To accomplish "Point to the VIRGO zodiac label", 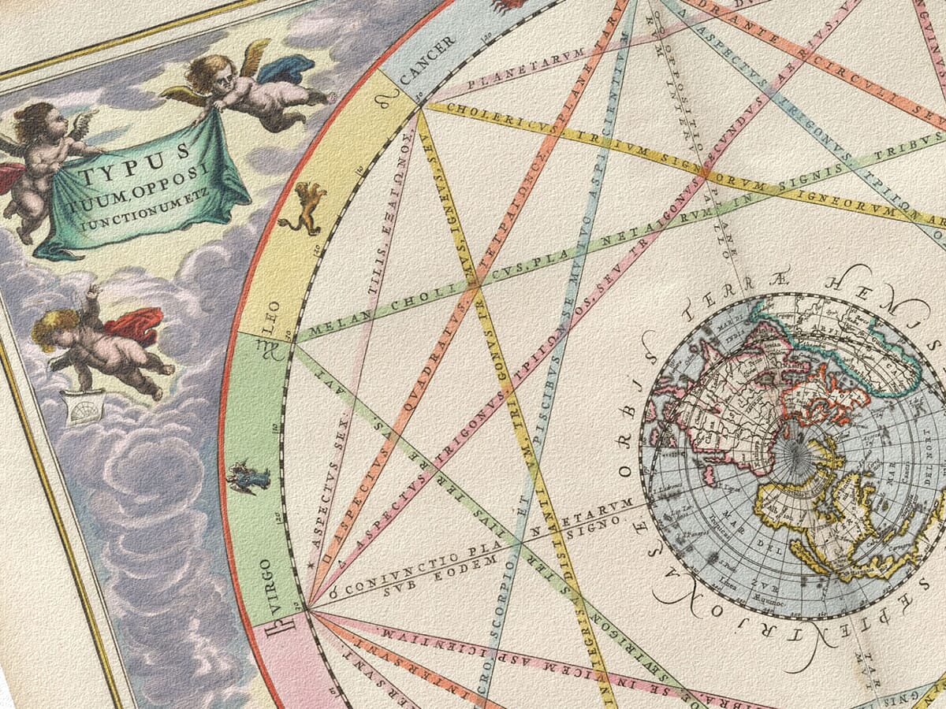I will click(x=266, y=578).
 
